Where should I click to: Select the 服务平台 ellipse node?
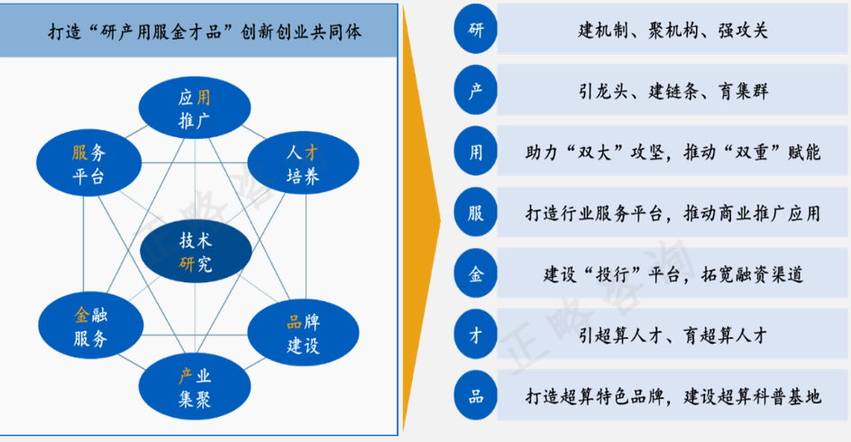coord(88,164)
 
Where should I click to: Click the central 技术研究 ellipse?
coord(195,253)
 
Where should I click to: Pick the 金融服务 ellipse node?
coord(89,327)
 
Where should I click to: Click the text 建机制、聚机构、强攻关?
coord(673,31)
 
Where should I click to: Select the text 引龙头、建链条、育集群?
coord(673,92)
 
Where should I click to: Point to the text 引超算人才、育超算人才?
coord(673,336)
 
